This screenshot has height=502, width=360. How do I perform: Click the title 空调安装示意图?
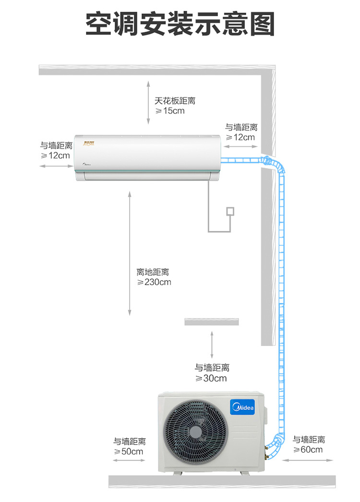click(180, 24)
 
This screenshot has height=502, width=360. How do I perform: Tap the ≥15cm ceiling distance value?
click(170, 111)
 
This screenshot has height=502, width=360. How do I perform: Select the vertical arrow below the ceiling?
click(148, 102)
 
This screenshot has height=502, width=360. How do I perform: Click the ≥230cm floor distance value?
click(154, 282)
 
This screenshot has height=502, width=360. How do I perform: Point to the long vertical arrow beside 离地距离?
click(130, 253)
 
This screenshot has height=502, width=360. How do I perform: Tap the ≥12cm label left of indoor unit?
click(55, 155)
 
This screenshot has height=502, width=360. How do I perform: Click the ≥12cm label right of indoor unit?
click(240, 137)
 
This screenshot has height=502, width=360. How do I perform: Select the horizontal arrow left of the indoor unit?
click(56, 166)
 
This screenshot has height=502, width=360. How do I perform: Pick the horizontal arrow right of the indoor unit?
click(240, 147)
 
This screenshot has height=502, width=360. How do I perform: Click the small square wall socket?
click(230, 211)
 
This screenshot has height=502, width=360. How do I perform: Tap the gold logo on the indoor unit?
click(89, 143)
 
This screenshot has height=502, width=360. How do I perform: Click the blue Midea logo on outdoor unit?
click(243, 407)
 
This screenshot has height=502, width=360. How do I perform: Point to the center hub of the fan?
click(196, 432)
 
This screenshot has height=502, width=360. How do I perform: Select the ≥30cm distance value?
click(211, 379)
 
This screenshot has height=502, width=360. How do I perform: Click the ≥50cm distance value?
click(129, 452)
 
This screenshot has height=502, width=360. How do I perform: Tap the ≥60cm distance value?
click(308, 450)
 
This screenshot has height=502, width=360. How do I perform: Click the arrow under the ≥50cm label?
click(129, 460)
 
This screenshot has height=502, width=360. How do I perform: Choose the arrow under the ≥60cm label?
click(308, 460)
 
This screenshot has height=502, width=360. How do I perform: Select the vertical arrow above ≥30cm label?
click(212, 345)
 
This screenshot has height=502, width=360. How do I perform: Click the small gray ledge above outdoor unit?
click(212, 322)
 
